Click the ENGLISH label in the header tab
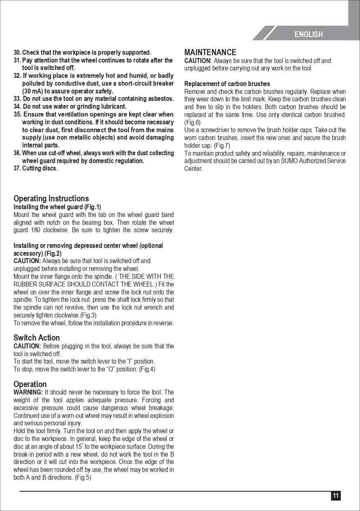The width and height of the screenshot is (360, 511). tap(309, 35)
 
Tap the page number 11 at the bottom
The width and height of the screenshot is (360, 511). tap(336, 496)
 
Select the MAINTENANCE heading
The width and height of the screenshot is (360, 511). tap(210, 52)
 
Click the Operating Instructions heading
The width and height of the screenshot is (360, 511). tap(51, 199)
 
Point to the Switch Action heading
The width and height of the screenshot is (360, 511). tap(37, 338)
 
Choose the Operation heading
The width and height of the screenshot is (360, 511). tap(30, 385)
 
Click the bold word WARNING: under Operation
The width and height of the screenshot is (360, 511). tap(28, 392)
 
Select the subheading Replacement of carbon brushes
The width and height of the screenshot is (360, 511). tap(227, 84)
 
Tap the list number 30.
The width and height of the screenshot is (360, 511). tap(17, 53)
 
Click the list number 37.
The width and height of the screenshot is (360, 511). tap(17, 168)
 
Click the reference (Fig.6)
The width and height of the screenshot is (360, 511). tap(192, 122)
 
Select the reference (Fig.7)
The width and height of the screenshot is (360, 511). tap(222, 146)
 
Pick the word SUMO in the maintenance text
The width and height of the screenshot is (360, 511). tap(288, 161)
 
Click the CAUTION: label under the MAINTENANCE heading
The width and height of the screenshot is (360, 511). tap(198, 61)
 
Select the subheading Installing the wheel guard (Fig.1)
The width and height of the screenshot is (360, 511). tap(57, 207)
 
